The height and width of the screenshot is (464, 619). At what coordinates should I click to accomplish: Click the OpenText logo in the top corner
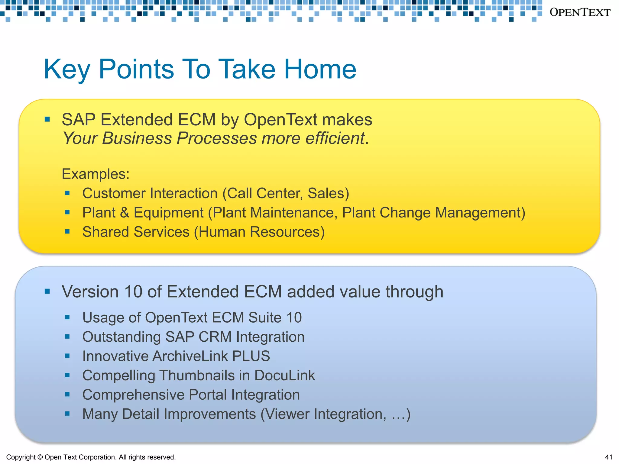click(580, 12)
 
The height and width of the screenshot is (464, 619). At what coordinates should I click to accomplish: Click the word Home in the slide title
click(320, 69)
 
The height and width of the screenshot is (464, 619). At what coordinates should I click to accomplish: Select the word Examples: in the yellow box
click(96, 174)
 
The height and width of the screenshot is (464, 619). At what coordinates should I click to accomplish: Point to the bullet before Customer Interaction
click(67, 193)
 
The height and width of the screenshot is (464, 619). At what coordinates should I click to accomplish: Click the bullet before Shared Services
click(67, 232)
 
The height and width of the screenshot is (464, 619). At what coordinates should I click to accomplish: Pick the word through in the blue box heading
click(414, 292)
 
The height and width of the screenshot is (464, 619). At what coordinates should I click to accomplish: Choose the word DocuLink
click(284, 375)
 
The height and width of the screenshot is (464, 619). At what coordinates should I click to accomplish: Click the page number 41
click(609, 457)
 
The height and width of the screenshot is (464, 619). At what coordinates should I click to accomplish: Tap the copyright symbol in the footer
click(40, 457)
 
